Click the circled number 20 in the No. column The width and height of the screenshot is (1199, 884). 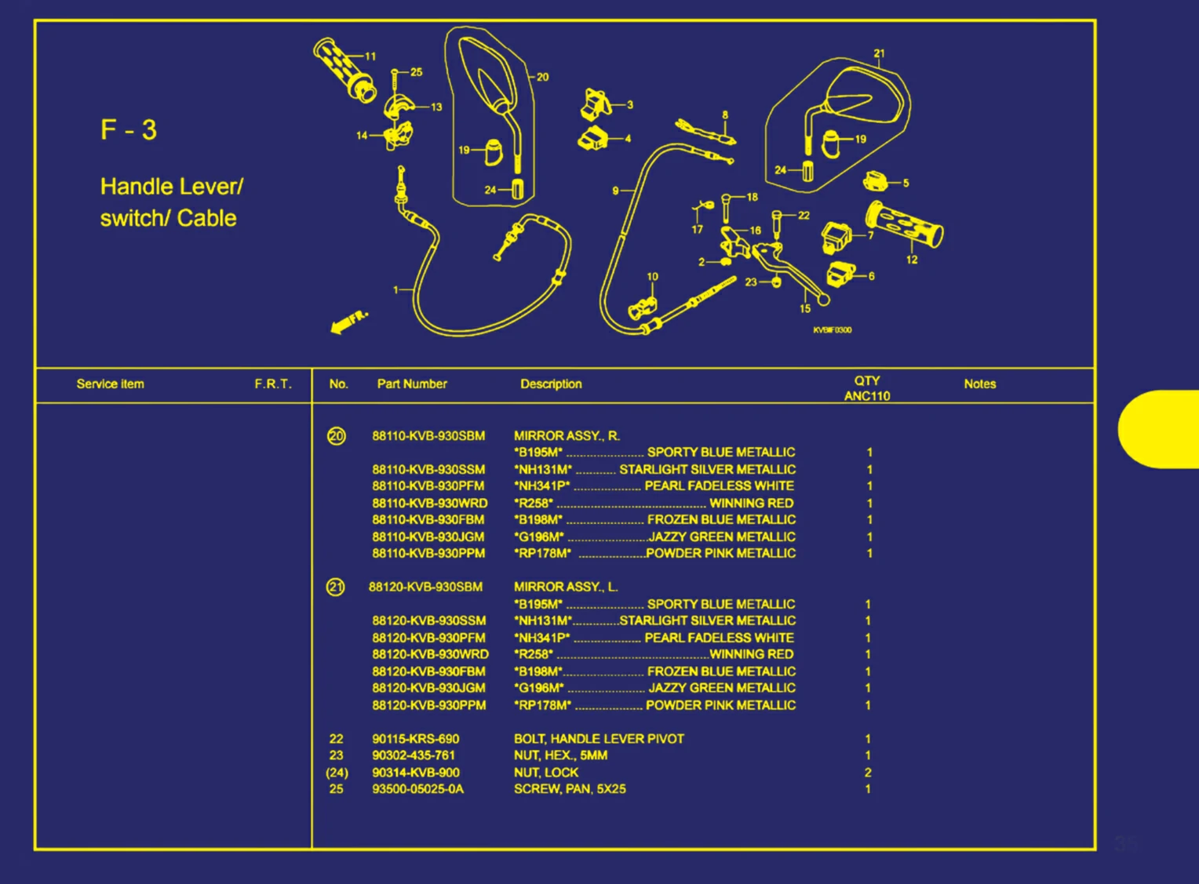tap(336, 436)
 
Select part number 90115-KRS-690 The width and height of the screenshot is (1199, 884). tap(416, 739)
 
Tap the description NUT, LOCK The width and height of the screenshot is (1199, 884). tap(546, 772)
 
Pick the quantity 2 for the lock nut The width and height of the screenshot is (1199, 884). tap(868, 772)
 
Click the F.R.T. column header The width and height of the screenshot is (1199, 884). tap(273, 384)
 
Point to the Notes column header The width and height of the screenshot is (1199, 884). tap(979, 384)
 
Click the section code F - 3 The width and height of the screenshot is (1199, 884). tap(129, 129)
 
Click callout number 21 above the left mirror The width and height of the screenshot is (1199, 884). tap(879, 53)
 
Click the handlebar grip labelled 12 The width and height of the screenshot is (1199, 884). tap(905, 225)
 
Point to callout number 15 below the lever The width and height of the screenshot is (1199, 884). tap(805, 309)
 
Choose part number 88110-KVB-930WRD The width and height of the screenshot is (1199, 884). tap(430, 503)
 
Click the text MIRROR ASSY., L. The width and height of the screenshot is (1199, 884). tap(566, 587)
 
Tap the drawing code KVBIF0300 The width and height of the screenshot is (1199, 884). tap(833, 330)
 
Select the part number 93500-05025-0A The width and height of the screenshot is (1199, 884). tap(418, 789)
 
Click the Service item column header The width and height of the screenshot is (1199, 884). tap(111, 384)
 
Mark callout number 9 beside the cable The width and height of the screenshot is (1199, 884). tap(615, 191)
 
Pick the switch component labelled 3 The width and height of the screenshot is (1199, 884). tap(596, 104)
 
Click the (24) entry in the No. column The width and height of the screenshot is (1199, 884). tap(337, 773)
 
